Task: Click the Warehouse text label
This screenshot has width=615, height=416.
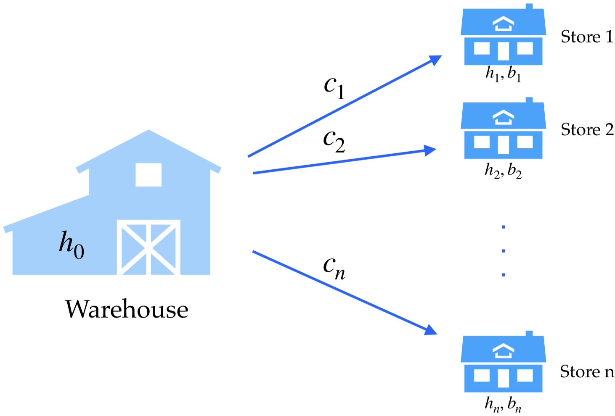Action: point(127,310)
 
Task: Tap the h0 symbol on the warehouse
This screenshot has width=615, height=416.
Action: point(72,245)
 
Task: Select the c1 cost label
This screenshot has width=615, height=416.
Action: point(334,87)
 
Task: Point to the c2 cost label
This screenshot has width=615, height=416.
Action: point(334,141)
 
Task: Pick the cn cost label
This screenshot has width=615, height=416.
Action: point(334,267)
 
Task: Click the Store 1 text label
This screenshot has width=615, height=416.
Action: point(587,37)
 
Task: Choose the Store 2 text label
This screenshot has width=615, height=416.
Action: point(587,129)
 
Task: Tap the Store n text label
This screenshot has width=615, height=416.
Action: point(587,371)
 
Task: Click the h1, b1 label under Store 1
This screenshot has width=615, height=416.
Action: point(503,74)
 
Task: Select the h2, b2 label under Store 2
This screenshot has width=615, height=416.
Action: point(503,171)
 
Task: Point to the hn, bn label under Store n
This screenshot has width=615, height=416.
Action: point(503,404)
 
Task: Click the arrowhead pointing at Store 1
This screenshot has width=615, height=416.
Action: point(435,60)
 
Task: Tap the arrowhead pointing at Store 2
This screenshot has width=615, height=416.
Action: point(430,150)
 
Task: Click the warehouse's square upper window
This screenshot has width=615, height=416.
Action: point(148,175)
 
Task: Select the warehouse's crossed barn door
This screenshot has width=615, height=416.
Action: point(148,247)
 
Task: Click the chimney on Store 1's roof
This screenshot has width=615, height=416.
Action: point(529,7)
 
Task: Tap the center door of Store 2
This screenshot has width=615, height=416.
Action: point(503,145)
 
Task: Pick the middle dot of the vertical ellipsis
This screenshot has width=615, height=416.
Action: point(503,251)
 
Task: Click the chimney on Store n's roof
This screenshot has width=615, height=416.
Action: point(529,334)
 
